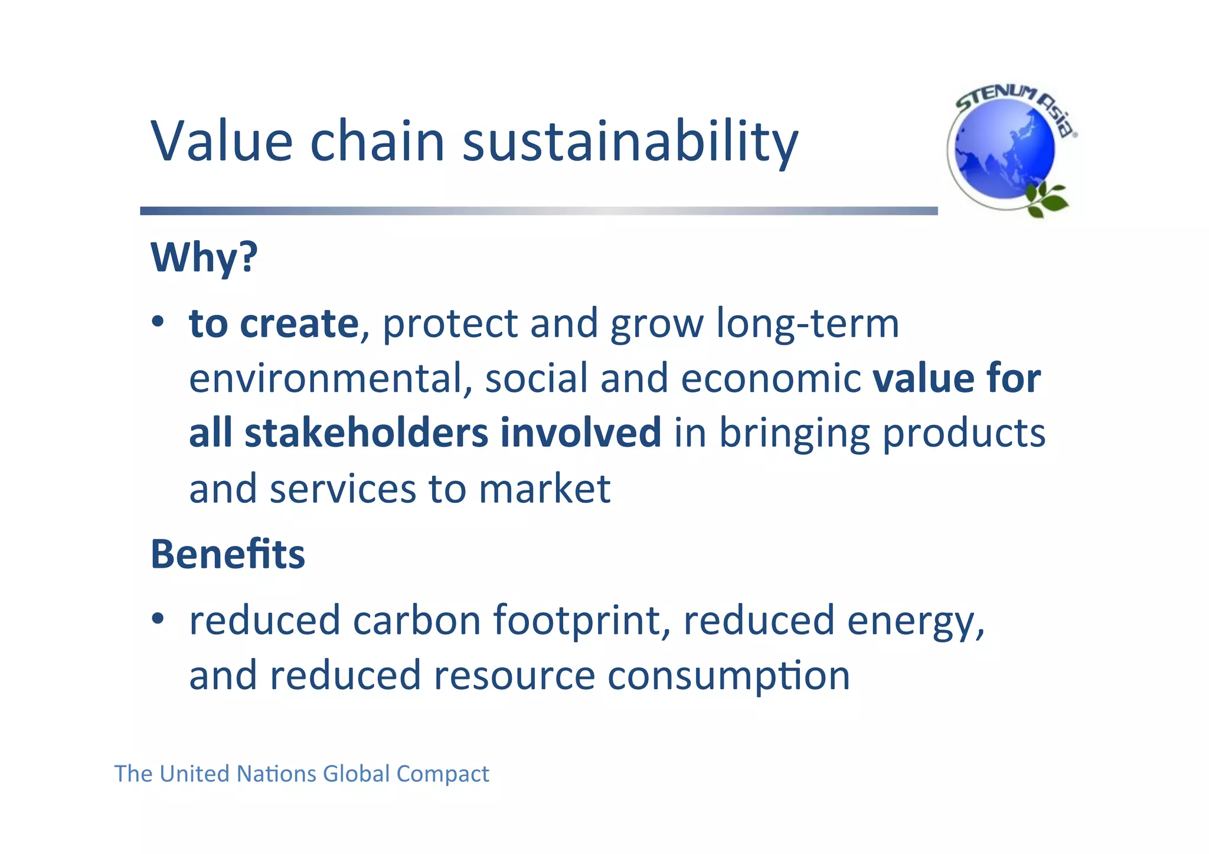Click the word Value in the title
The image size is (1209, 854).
[221, 141]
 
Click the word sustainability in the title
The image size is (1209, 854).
[630, 142]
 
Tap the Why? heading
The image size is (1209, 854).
[204, 257]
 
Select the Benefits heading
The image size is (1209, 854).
[228, 555]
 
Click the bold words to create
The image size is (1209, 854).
[273, 324]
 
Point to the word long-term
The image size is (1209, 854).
[808, 324]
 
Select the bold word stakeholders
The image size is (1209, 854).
[367, 433]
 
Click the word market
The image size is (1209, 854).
[544, 489]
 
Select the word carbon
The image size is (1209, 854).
[417, 621]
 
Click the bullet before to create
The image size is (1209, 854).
[157, 322]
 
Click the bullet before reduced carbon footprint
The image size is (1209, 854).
[157, 619]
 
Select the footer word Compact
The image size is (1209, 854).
[443, 774]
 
